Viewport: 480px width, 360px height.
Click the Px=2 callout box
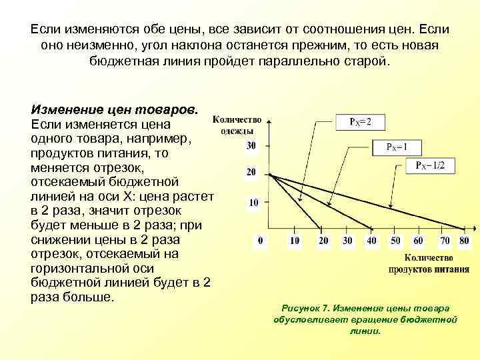coord(360,123)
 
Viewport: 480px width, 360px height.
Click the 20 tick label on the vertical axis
coord(251,172)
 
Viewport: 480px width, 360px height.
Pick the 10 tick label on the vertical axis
coord(253,202)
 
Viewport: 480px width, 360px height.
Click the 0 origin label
coord(260,240)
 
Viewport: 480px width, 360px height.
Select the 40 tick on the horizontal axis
coord(371,240)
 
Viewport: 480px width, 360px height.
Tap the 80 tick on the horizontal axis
coord(464,240)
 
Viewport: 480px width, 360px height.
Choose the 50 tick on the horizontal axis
coord(395,240)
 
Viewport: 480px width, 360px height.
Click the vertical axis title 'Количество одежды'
coord(237,125)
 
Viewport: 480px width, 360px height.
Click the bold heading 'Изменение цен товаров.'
coord(115,109)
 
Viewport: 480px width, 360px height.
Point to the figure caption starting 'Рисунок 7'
coord(365,319)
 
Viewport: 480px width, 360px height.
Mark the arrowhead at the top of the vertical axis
coord(268,122)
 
